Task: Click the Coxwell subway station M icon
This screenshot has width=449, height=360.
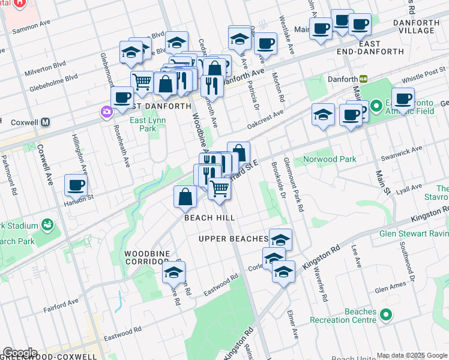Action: coord(46,122)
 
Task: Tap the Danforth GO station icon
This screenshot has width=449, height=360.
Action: coord(363,79)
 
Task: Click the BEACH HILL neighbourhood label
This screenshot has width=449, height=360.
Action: coord(209,218)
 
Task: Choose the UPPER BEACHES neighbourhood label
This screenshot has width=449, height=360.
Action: coord(233,239)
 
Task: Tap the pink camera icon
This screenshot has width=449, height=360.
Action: coord(106,112)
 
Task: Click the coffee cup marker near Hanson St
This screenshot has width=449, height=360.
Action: coord(76,185)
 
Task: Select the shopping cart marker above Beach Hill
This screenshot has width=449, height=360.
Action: coord(220,188)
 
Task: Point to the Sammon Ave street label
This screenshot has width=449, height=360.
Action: coord(32,27)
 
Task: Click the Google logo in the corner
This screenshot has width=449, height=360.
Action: coord(20,353)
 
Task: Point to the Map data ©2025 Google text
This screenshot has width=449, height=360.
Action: coord(412,355)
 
